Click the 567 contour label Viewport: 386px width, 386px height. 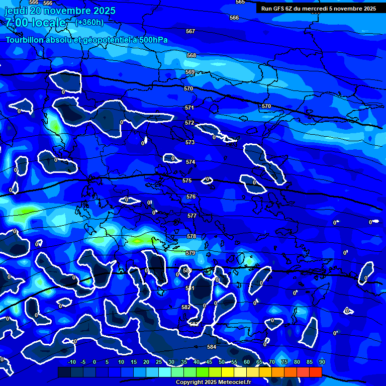coord(190,31)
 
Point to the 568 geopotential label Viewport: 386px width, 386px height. coord(191,55)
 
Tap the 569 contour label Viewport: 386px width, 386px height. coord(189,72)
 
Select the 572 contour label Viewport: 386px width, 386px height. coord(189,123)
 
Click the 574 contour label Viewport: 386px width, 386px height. coord(190,162)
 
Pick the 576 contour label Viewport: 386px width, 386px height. coord(191,197)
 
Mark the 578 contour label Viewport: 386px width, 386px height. coord(191,236)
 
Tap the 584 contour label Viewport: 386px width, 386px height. coord(212,347)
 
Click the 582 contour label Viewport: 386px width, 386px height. coord(186,307)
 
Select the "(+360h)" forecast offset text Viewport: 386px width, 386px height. coord(89,22)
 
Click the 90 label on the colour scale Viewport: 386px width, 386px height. coord(322,362)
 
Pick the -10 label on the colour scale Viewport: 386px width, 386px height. coord(71,362)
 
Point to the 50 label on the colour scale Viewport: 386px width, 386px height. coord(222,362)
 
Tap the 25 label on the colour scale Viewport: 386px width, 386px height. coord(159,362)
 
